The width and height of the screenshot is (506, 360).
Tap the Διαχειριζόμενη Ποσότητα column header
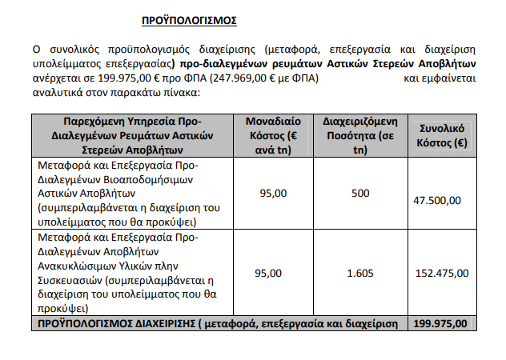(359, 135)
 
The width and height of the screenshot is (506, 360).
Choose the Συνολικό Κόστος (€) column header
(443, 135)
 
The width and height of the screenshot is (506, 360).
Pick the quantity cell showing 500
(360, 194)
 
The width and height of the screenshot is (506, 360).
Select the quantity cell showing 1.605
(360, 273)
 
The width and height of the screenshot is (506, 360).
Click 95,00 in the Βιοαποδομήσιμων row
(269, 194)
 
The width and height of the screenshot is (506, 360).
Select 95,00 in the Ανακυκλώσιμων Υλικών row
(269, 273)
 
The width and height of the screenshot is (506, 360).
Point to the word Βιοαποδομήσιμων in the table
(134, 179)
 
